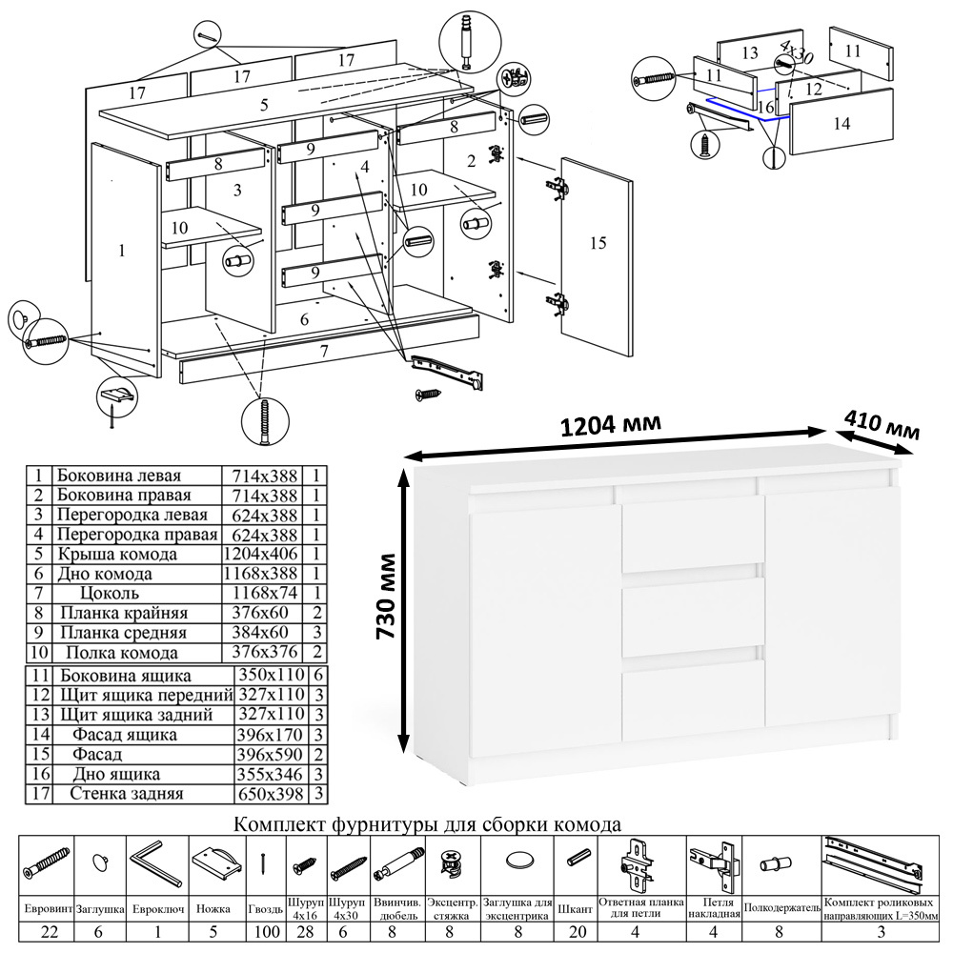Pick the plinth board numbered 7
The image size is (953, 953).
[x=324, y=353]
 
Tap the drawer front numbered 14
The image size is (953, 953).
[x=841, y=122]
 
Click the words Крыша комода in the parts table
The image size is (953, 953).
[x=116, y=554]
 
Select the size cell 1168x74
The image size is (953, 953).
[x=260, y=594]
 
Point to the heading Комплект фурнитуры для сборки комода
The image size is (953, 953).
[x=428, y=823]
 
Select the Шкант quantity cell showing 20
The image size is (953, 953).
[x=577, y=930]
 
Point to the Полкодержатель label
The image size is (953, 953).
[x=781, y=909]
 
